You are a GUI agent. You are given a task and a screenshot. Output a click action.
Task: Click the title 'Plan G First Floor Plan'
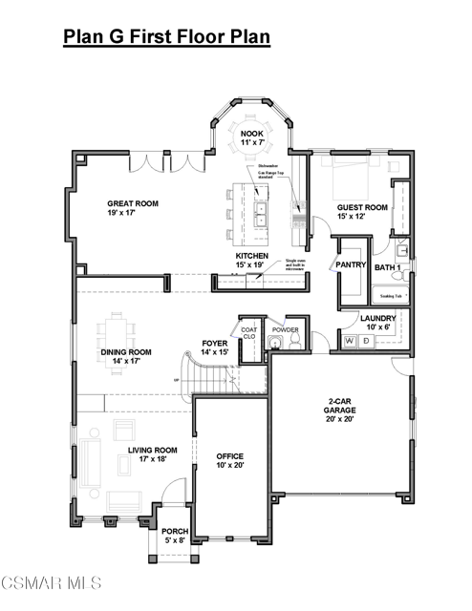tap(166, 37)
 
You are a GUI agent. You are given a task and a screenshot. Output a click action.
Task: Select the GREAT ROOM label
tap(133, 203)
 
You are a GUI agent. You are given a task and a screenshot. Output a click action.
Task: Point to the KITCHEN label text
tap(252, 258)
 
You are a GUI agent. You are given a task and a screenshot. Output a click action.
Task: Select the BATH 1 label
tap(388, 268)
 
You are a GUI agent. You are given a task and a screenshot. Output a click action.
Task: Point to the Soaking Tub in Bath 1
tap(392, 296)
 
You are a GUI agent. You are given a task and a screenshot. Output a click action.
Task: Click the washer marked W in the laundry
tap(350, 339)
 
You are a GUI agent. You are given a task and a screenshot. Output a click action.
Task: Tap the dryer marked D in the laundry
tap(366, 339)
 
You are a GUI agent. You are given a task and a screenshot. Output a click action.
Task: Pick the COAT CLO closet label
tap(249, 333)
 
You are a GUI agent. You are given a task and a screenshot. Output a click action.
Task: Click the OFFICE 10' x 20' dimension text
tap(230, 465)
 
